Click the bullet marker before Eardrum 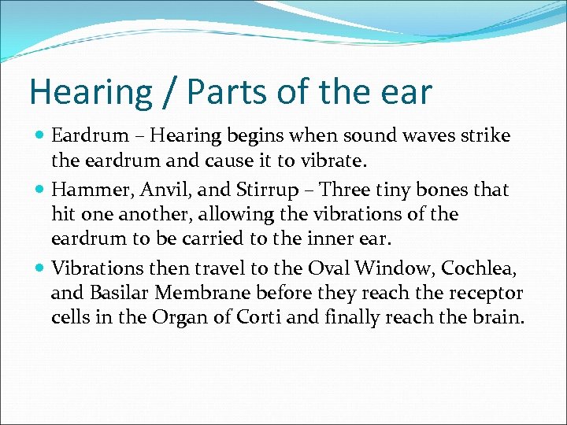pos(40,136)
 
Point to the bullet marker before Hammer pos(40,190)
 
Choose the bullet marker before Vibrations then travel pos(40,268)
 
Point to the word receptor pos(486,293)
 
